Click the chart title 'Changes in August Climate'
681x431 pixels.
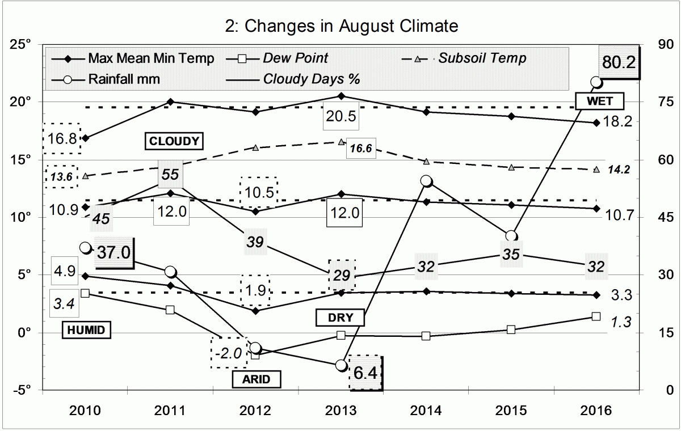tap(340, 26)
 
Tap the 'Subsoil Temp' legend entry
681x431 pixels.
tap(482, 58)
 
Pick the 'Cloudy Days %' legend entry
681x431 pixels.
tap(312, 79)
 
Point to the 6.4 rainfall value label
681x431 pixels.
tap(366, 373)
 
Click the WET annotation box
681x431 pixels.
tap(600, 102)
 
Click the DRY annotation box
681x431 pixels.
tap(340, 318)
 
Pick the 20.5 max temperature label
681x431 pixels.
tap(340, 117)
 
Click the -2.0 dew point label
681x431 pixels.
tap(228, 352)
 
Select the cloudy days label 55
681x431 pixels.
tap(170, 174)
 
